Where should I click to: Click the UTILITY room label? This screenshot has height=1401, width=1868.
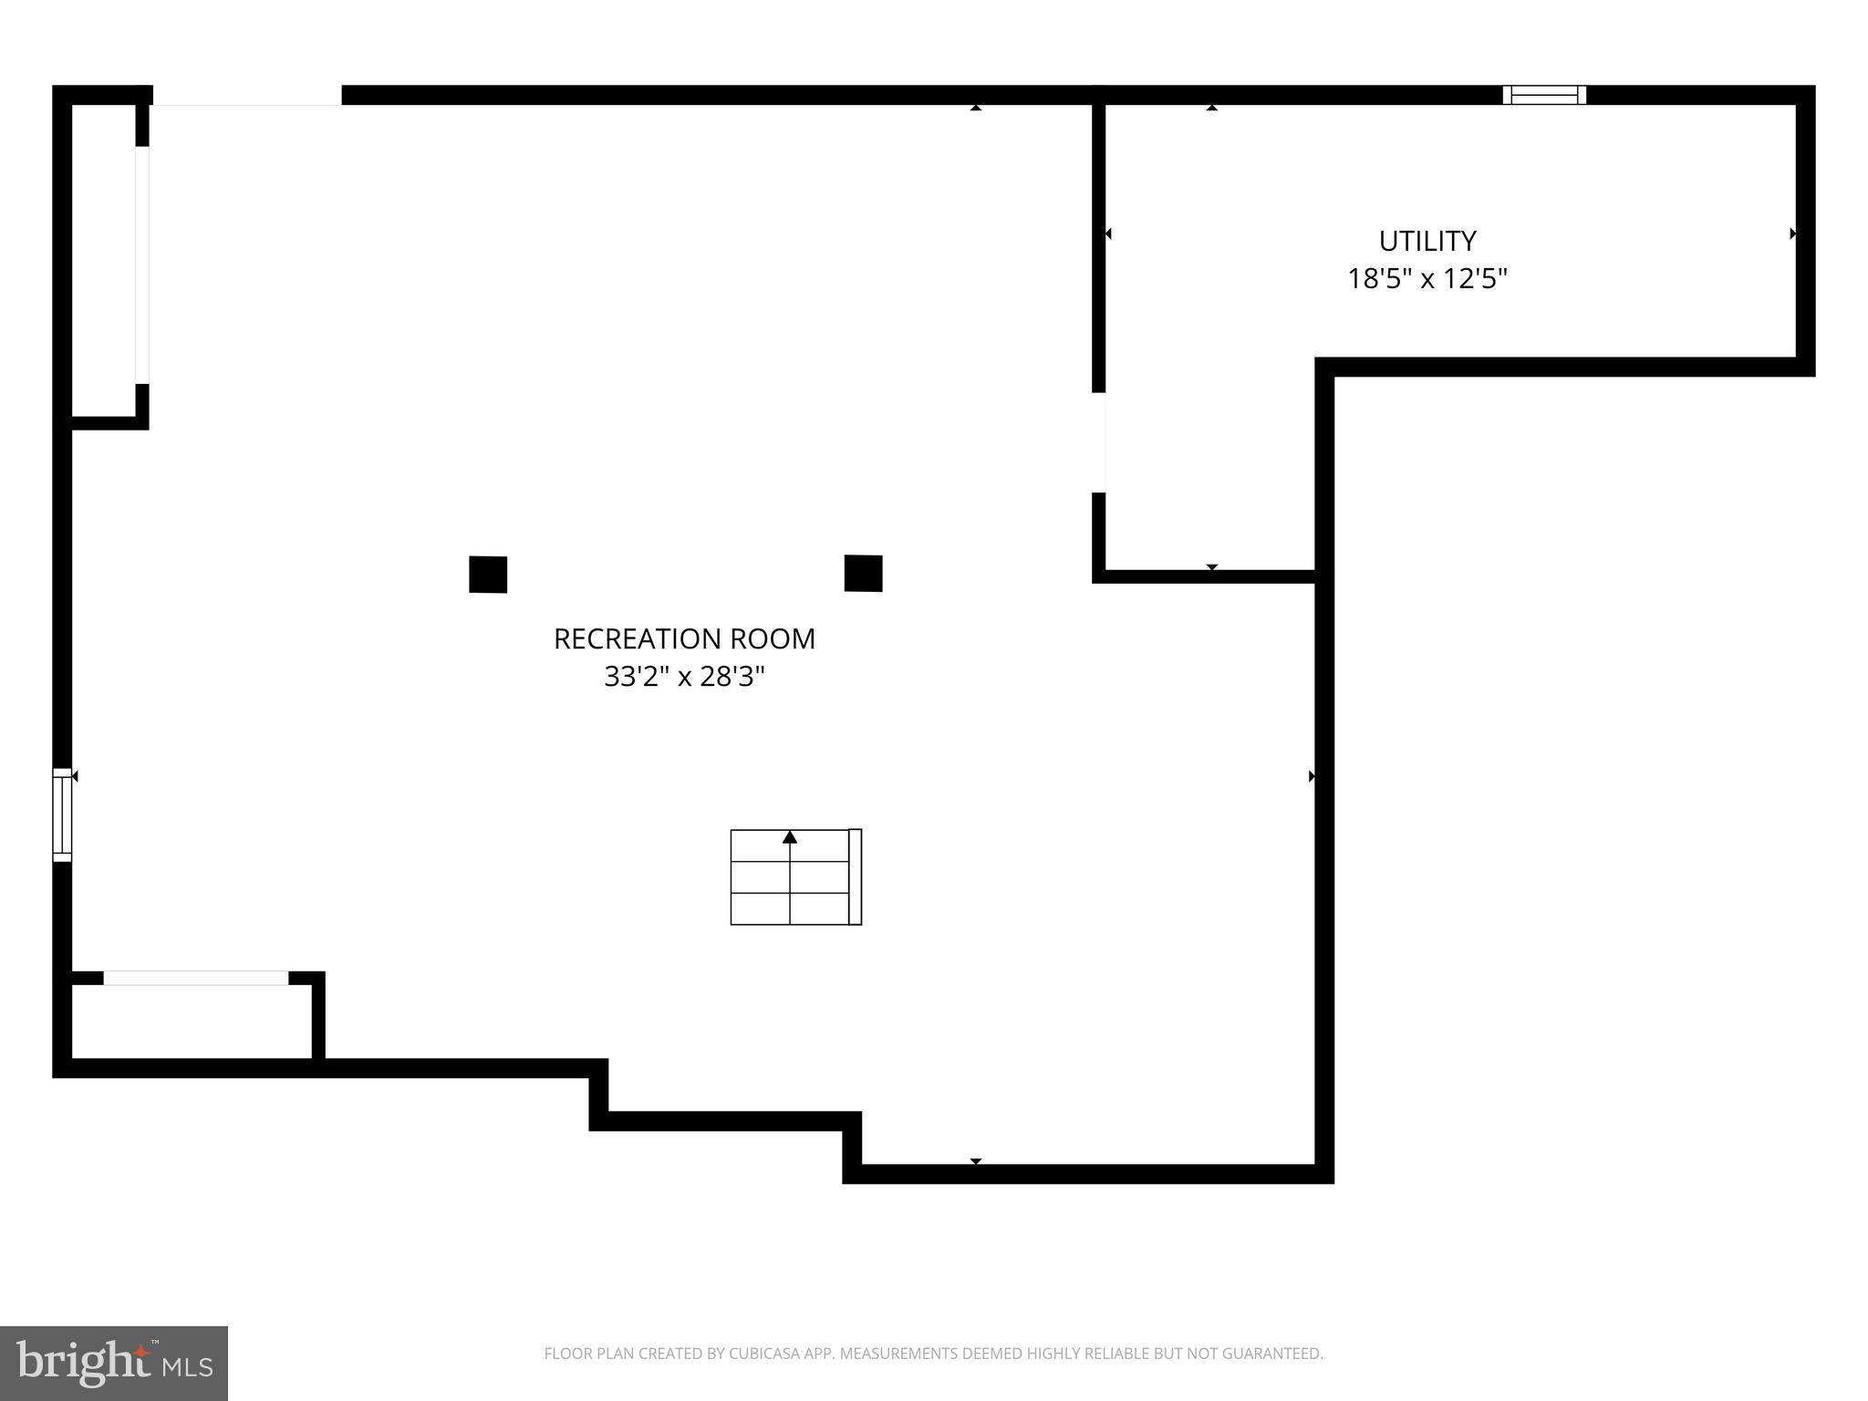click(1427, 241)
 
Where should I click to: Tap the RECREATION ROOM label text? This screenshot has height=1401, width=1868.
click(684, 638)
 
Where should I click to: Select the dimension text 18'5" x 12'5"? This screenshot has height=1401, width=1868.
click(1427, 278)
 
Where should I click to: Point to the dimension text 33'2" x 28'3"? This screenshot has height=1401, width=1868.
click(684, 677)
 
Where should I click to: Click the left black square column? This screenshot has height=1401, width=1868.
click(488, 575)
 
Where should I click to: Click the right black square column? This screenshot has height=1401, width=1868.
click(863, 574)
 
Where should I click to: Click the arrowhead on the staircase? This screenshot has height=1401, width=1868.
click(790, 836)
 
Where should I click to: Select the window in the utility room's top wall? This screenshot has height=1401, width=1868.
click(1544, 95)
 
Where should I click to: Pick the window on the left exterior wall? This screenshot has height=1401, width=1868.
click(62, 815)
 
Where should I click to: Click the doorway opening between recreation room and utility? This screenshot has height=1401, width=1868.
click(1100, 442)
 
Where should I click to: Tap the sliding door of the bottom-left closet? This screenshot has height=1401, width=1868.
click(196, 978)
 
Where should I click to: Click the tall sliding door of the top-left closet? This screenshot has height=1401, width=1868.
click(142, 265)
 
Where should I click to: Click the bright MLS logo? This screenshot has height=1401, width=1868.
click(114, 1363)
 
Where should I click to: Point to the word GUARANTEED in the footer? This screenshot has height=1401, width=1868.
click(1271, 1354)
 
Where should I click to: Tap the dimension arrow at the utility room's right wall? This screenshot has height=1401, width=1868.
click(1792, 233)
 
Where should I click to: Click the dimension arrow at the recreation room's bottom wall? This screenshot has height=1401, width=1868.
click(975, 1161)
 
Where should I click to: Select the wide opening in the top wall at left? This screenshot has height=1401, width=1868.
click(246, 95)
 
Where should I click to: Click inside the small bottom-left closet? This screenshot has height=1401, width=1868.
click(192, 1022)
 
